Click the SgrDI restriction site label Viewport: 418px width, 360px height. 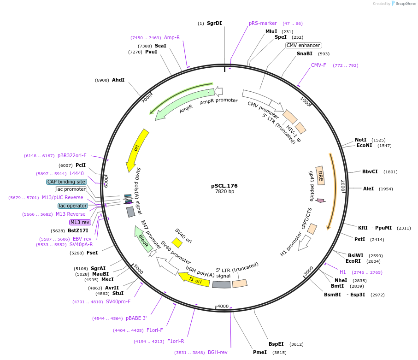214,23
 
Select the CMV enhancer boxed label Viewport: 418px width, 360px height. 303,45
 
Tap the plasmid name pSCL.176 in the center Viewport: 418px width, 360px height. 224,186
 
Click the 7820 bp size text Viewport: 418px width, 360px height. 224,191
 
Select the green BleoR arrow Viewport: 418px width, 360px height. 143,238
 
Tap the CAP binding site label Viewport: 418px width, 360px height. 66,182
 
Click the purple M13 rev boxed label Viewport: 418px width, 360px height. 80,222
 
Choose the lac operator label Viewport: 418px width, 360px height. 72,206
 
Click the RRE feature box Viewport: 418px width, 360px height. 320,176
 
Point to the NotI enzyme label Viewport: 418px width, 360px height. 360,140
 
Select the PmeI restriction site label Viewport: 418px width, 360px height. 260,352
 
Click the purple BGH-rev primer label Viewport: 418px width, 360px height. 218,352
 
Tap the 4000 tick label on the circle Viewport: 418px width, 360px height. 223,306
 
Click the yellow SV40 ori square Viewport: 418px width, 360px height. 177,242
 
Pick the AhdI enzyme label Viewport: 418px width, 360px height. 118,80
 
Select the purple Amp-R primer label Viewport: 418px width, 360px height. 172,37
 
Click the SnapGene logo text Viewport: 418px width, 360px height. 404,4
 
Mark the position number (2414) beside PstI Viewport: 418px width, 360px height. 377,239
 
